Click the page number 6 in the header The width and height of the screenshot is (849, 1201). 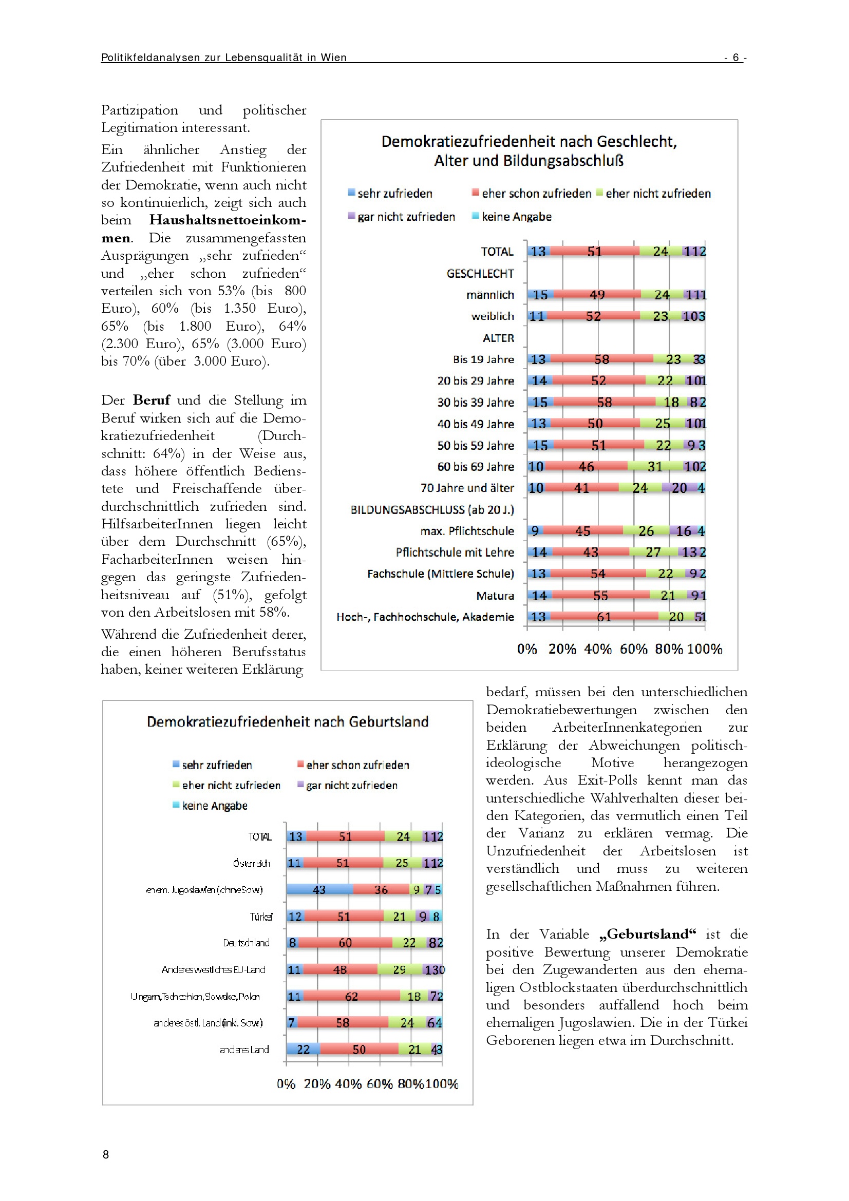point(735,57)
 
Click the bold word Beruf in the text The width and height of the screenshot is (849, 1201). point(151,400)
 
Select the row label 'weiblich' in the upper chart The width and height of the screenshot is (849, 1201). point(492,316)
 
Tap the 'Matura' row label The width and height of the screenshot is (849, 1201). point(495,596)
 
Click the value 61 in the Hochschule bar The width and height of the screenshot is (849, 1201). point(603,617)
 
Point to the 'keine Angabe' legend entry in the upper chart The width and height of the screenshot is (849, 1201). point(516,217)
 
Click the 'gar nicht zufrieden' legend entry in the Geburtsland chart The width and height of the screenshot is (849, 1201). point(351,785)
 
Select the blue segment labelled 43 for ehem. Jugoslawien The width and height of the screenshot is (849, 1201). point(319,889)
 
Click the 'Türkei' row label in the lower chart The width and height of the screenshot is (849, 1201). point(260,917)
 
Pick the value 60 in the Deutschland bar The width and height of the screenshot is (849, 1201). point(345,943)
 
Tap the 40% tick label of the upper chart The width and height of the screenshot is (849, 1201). point(597,649)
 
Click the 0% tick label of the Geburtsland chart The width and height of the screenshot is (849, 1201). point(286,1083)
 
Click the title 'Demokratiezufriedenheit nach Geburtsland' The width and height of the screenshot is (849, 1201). point(287,722)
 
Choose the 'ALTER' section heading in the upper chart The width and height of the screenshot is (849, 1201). point(498,338)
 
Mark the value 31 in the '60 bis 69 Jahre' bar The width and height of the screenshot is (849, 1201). point(654,467)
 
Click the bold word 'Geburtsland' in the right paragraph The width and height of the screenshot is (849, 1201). point(647,934)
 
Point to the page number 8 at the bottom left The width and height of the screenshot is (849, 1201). point(106,1154)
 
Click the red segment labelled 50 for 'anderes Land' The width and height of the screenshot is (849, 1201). point(359,1050)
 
